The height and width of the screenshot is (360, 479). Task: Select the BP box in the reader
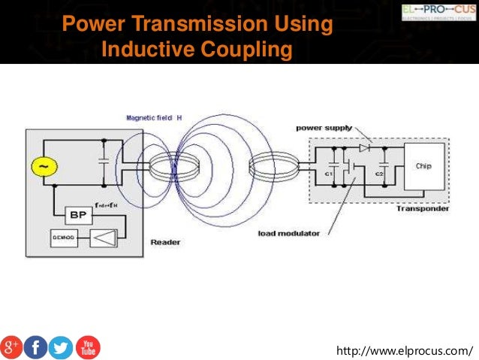(77, 214)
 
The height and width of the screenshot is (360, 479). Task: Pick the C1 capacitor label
(328, 174)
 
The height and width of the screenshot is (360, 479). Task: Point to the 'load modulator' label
(288, 233)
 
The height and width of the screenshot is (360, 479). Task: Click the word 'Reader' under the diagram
(165, 242)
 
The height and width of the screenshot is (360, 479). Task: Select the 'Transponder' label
(422, 208)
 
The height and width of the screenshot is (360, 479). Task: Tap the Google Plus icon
(11, 347)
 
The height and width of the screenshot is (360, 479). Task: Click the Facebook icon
(35, 347)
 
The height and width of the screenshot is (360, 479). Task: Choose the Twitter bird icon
(61, 347)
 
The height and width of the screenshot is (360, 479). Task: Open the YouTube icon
(87, 347)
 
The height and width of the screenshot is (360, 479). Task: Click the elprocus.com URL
(406, 350)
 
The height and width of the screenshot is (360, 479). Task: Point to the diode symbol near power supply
(364, 148)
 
